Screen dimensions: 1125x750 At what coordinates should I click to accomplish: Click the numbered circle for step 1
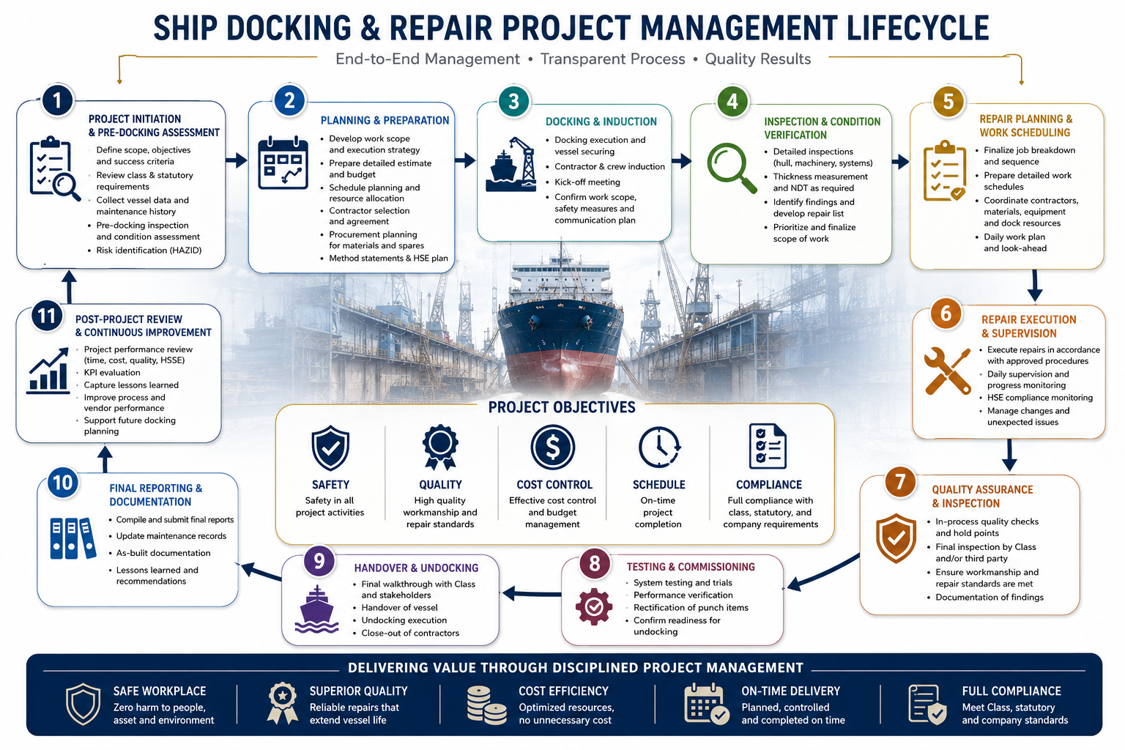coord(57,100)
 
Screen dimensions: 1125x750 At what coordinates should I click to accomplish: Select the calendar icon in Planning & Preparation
coord(283,163)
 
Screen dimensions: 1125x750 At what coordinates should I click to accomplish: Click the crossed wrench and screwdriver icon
coord(948,370)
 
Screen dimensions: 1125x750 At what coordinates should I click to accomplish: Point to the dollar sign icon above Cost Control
coord(552,447)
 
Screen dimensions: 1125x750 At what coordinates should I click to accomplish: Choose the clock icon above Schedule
coord(659,447)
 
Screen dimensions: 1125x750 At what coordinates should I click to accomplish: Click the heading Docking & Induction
coord(601,122)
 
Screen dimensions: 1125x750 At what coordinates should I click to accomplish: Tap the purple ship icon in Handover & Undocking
coord(316,609)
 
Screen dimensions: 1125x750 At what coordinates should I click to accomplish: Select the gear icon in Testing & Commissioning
coord(594,607)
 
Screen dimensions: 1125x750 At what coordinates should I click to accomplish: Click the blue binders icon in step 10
coord(73,538)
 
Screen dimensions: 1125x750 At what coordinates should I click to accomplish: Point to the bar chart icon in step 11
coord(48,371)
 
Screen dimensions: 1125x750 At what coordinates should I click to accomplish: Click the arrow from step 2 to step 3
coord(464,160)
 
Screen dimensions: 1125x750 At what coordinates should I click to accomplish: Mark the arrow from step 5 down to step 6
coord(1035,286)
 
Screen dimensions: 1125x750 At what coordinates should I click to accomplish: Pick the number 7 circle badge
coord(899,482)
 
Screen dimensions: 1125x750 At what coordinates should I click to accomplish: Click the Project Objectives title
coord(562,407)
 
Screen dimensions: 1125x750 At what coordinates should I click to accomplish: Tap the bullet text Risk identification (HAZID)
coord(149,250)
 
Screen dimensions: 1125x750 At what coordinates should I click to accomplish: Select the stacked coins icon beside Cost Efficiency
coord(486,705)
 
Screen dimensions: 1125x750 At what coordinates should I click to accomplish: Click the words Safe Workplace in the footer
coord(160,691)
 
